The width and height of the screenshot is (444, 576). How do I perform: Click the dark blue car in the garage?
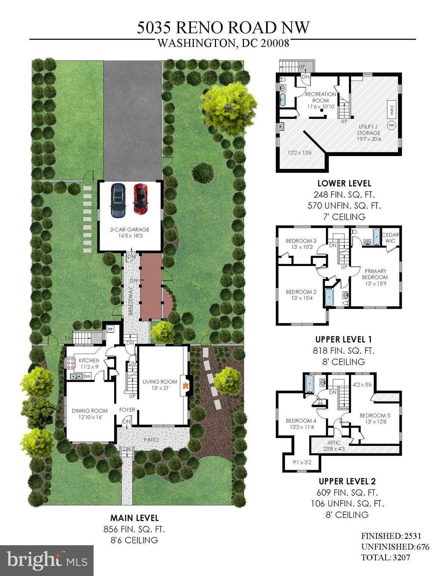(x=118, y=200)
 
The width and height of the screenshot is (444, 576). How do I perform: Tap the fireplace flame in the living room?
(x=184, y=385)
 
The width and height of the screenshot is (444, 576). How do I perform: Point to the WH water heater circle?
(x=392, y=125)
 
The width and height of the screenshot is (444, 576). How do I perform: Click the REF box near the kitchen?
(x=110, y=329)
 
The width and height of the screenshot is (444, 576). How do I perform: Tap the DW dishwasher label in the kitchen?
(x=87, y=376)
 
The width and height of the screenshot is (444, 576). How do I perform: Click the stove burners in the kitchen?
(x=71, y=363)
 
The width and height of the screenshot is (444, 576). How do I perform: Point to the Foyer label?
(x=127, y=410)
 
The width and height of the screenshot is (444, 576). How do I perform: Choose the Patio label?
(x=151, y=439)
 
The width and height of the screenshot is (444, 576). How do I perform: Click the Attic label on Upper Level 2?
(x=334, y=443)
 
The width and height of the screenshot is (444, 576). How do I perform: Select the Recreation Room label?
(x=320, y=97)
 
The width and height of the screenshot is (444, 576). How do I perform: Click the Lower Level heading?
(x=344, y=183)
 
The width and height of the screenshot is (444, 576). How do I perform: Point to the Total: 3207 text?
(x=385, y=557)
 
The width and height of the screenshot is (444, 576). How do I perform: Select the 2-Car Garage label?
(x=130, y=229)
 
